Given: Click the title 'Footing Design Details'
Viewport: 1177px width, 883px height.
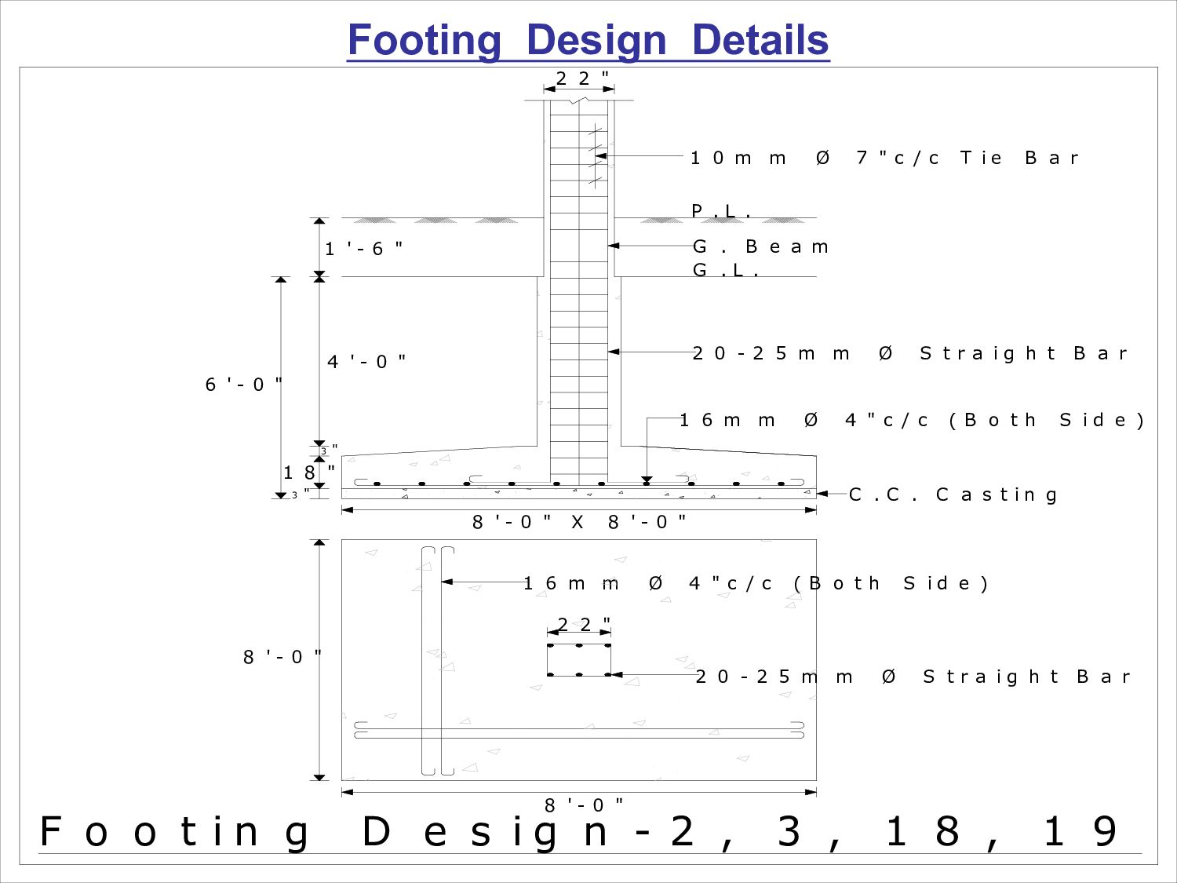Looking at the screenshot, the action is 588,41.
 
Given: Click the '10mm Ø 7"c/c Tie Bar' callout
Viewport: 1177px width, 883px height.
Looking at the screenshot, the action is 884,158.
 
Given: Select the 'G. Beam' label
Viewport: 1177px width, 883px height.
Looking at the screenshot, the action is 760,246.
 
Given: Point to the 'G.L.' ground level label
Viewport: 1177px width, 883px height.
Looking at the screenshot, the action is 727,270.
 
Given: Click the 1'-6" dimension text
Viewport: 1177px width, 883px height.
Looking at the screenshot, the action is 364,249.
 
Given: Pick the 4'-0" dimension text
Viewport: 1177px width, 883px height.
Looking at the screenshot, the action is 366,362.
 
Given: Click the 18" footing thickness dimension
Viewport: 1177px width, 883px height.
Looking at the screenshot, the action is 309,473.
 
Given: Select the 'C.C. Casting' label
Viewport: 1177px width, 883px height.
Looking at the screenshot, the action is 953,494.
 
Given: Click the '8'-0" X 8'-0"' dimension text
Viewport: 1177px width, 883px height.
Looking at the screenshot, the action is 579,522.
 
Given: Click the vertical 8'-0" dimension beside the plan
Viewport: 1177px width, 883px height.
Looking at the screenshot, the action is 282,657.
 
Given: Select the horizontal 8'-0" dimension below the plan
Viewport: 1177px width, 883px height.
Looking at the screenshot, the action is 584,805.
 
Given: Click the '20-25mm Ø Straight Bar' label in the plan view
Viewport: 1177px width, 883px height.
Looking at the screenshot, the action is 913,677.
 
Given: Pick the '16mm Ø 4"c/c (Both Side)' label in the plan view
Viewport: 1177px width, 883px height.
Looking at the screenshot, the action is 756,583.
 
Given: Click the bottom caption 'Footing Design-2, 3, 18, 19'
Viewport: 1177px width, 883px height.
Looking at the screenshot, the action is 579,832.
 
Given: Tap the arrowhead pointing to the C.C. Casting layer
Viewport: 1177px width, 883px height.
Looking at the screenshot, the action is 822,494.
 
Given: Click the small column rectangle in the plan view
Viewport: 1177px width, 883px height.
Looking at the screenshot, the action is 579,660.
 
